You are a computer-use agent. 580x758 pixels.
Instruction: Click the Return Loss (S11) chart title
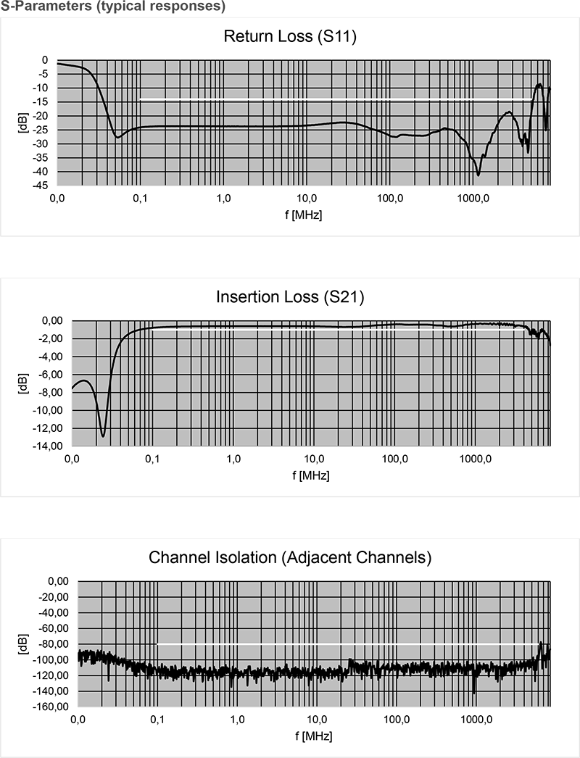click(x=290, y=36)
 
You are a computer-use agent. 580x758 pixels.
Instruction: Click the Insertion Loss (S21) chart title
click(x=290, y=297)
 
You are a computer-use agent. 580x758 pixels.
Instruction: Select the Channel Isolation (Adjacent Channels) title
click(x=290, y=558)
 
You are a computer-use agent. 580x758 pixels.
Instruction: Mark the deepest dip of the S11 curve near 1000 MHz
click(x=478, y=175)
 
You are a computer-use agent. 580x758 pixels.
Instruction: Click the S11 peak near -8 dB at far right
click(x=539, y=84)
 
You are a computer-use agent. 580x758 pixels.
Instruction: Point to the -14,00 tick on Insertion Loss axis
click(x=50, y=446)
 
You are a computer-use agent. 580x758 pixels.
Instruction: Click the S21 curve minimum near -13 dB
click(x=103, y=436)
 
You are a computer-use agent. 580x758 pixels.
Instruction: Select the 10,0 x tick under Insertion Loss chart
click(x=314, y=459)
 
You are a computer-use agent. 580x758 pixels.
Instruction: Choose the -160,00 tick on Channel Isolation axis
click(x=53, y=707)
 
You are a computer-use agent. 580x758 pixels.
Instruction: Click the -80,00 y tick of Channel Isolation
click(x=55, y=644)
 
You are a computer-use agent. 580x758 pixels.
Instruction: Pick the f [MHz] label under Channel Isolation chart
click(x=314, y=736)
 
